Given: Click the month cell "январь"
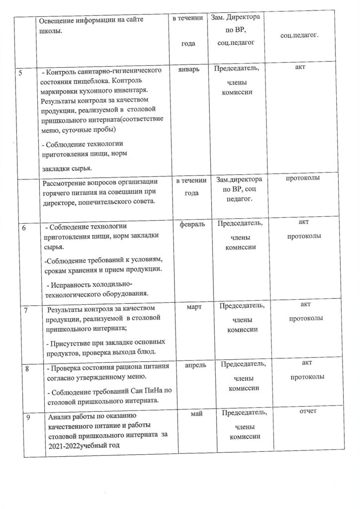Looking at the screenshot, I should (188, 71).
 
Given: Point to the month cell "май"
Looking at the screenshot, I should (194, 414).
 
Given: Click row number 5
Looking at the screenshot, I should (20, 73).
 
